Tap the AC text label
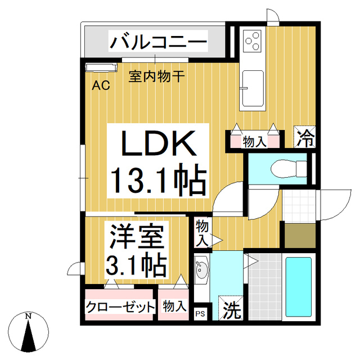pos(101,85)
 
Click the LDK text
pos(159,145)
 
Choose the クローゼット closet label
pos(120,307)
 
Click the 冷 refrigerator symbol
pos(305,137)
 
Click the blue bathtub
pos(298,287)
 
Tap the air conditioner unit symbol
pos(99,68)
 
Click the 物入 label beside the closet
pos(174,307)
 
